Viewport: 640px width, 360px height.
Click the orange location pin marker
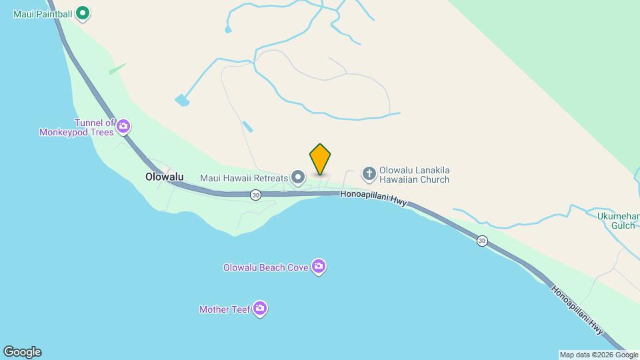click(320, 159)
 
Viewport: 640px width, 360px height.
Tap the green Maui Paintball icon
click(83, 12)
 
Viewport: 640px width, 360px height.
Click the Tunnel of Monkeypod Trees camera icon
click(123, 125)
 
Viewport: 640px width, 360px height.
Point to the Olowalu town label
click(164, 177)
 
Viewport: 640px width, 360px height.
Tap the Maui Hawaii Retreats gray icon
click(298, 177)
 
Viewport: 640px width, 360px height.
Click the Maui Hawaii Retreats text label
click(243, 178)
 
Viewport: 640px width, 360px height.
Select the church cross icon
click(369, 174)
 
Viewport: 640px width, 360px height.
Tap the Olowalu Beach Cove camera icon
click(319, 267)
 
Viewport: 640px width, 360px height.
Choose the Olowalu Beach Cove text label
click(265, 267)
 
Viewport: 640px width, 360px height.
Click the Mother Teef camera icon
click(260, 309)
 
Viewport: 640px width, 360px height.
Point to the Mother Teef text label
click(225, 309)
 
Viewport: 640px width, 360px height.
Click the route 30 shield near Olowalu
click(256, 195)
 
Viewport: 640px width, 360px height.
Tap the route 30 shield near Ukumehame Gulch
click(482, 241)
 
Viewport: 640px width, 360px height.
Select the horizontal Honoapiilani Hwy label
click(373, 195)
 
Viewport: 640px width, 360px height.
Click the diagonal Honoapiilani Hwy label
click(577, 310)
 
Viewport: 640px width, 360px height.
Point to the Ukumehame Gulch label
click(614, 220)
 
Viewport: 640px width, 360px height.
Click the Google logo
click(22, 352)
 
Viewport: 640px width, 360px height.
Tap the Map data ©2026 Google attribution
click(599, 355)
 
